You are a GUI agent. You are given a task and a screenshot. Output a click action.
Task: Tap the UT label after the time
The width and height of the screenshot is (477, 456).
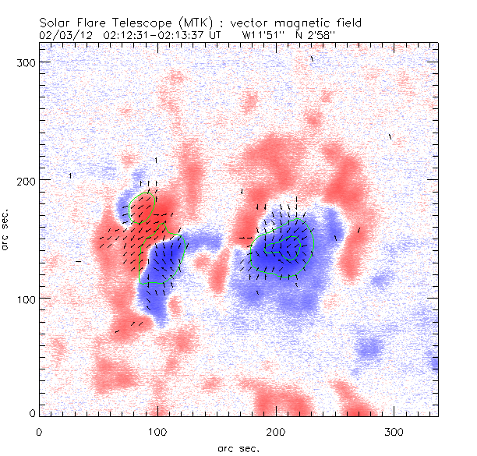click(x=215, y=35)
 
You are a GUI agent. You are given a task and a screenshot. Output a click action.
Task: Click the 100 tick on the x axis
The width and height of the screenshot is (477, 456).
click(x=157, y=430)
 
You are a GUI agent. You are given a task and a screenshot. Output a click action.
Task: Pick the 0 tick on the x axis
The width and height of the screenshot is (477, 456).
click(x=39, y=430)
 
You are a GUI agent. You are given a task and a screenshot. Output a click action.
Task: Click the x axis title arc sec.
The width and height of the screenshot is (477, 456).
click(x=238, y=447)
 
